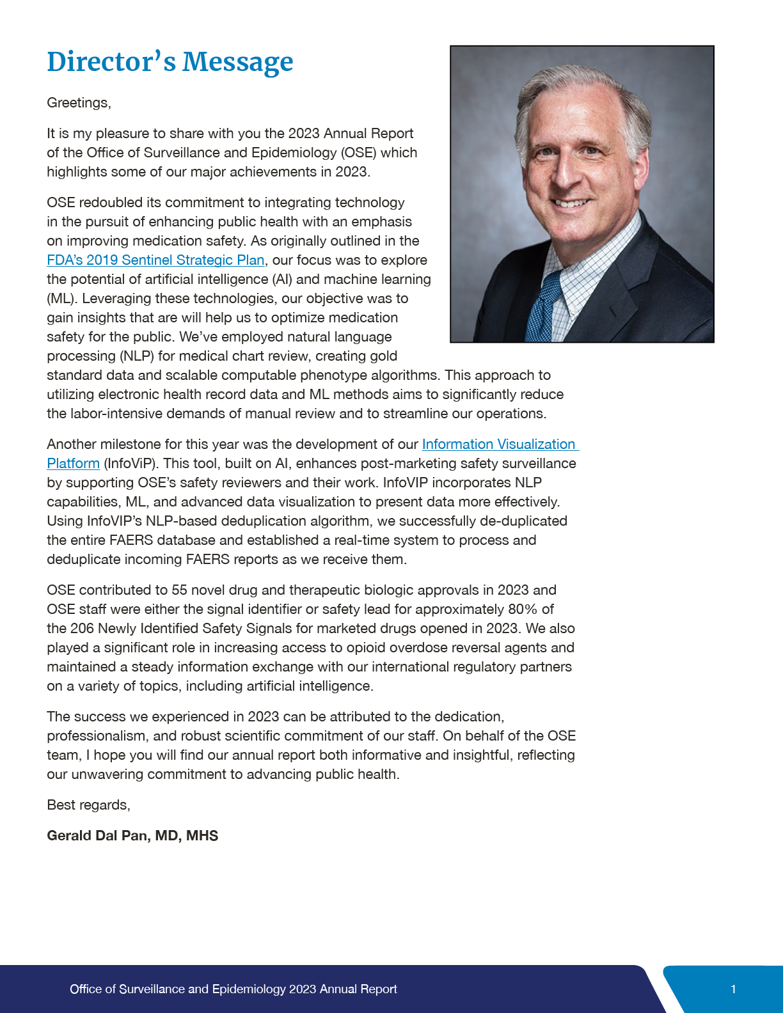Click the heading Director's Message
[x=170, y=62]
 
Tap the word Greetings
[x=78, y=103]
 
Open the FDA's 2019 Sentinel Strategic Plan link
[x=155, y=260]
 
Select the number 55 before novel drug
[x=179, y=590]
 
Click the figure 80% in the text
[x=523, y=609]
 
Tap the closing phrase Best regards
[x=88, y=805]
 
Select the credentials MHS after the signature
[x=202, y=836]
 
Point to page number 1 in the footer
[x=733, y=989]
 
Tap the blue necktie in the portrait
[x=544, y=307]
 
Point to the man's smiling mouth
[x=571, y=203]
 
